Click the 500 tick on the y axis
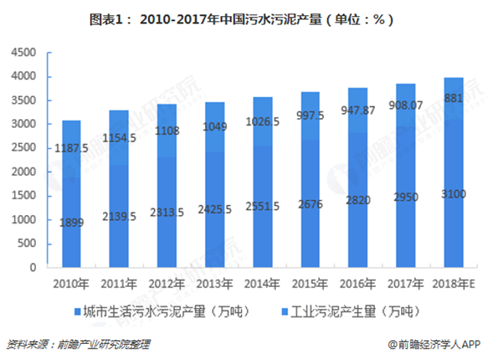click(29, 244)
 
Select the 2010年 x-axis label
click(70, 284)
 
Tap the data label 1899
click(71, 221)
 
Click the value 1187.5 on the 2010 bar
click(71, 149)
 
